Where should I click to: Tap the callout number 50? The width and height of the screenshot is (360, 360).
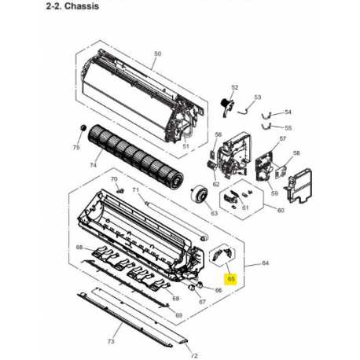coord(157,53)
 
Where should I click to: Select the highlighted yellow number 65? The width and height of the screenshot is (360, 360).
coord(231,279)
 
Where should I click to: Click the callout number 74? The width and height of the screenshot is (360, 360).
coord(94,165)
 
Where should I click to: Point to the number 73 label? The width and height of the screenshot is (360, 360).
coord(111,341)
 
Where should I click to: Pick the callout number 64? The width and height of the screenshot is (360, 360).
coord(266,263)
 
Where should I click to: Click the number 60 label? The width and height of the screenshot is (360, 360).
coord(281,211)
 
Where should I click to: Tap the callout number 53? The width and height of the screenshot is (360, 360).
coord(258,97)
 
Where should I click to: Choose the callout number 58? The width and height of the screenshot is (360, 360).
coord(296,152)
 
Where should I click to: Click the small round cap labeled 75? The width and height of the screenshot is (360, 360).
coord(83,128)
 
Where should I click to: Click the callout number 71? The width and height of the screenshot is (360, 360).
coord(135,189)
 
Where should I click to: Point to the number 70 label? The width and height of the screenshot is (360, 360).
coord(114,179)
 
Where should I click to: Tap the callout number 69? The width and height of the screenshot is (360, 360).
coord(178,315)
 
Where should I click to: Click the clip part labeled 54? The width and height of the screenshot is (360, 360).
coord(266,116)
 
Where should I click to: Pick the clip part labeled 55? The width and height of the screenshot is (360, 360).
coord(266,127)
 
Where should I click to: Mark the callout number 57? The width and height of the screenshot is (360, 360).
coord(283,138)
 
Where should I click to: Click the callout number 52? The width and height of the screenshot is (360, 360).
coord(235,87)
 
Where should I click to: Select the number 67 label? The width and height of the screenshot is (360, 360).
coord(202,302)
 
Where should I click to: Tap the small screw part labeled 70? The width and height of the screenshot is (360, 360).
coord(120,190)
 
